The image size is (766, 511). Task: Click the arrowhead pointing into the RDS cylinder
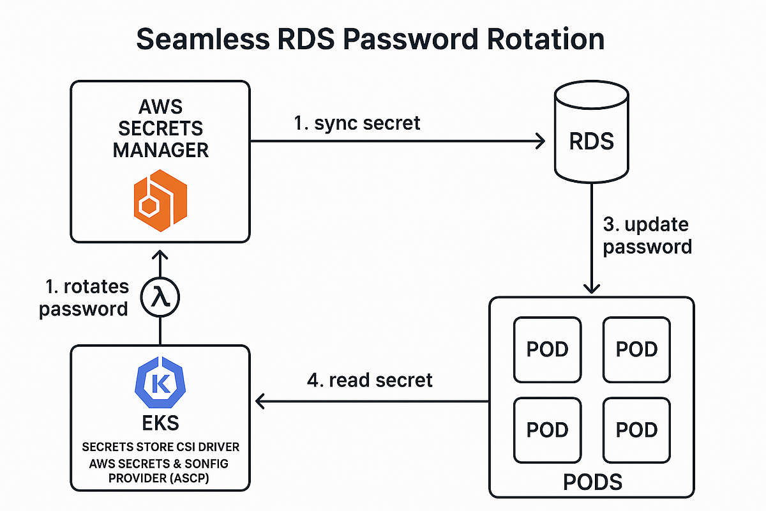539,140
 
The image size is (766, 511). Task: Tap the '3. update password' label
647,235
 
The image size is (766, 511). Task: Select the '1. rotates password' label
84,298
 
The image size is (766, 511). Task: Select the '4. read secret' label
370,380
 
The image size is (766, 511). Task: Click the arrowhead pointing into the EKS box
260,401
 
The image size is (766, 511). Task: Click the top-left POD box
547,349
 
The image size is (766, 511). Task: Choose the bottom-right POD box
636,430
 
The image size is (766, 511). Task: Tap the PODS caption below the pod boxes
592,480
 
